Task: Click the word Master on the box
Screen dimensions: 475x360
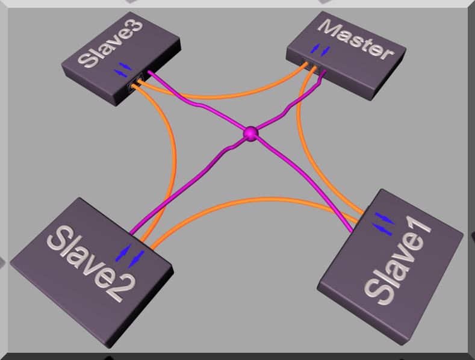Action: [356, 39]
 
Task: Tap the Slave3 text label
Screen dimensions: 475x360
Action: [110, 43]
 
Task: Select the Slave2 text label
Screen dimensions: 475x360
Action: [91, 263]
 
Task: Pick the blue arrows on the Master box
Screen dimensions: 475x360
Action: [320, 51]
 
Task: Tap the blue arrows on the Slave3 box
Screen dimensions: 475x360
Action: [123, 70]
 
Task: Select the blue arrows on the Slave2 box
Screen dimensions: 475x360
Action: [129, 256]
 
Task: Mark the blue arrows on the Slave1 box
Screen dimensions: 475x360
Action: [383, 223]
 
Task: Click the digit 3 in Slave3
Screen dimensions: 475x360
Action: [132, 27]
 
